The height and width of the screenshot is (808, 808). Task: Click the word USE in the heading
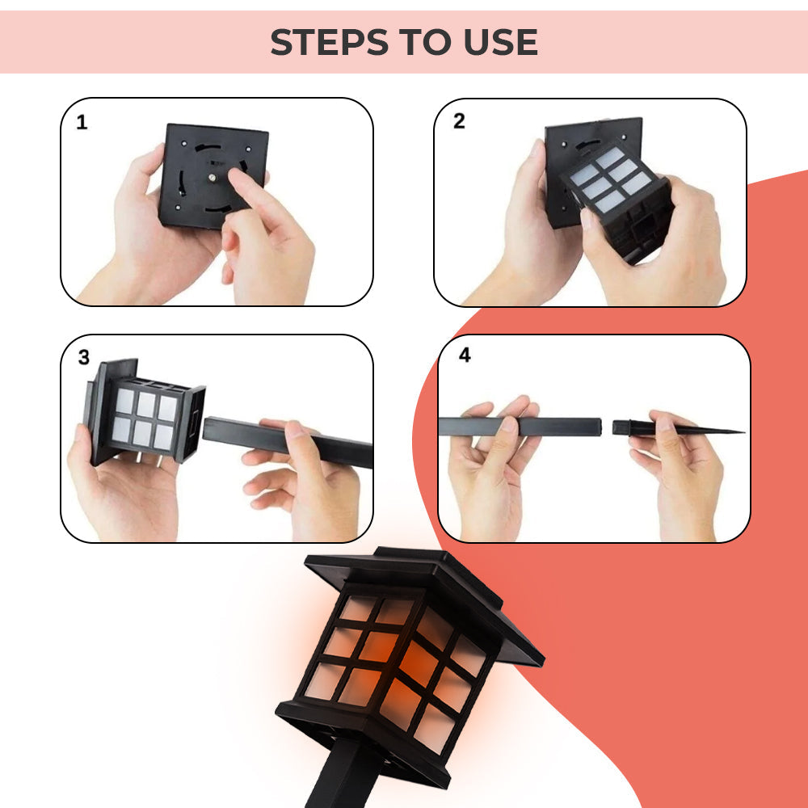tap(501, 42)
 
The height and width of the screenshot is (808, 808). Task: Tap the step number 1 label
tap(82, 123)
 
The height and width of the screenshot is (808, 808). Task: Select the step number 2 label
tap(459, 122)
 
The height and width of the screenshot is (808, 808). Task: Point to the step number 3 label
tap(84, 358)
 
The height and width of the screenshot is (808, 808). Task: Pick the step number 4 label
tap(464, 356)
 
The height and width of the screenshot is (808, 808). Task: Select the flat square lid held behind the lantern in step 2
tap(566, 145)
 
